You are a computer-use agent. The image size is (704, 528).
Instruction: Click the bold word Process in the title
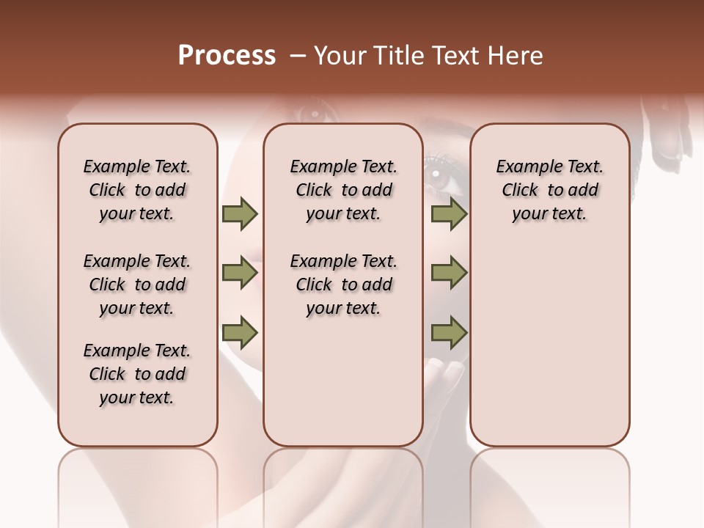(227, 56)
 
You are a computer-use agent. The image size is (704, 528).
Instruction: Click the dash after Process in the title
(298, 56)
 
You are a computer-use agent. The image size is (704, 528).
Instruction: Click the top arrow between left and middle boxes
(240, 214)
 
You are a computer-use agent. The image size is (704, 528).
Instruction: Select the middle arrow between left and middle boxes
(240, 273)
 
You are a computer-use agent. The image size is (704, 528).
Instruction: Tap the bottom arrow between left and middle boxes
(240, 332)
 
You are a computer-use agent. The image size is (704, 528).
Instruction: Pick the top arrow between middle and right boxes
(449, 214)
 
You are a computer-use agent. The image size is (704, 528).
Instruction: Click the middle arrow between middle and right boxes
(449, 273)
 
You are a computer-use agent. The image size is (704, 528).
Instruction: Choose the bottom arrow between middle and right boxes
(449, 332)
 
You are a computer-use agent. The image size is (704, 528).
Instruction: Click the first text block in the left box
(137, 190)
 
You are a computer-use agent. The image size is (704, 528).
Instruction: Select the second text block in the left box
(137, 285)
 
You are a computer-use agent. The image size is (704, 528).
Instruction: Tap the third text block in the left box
(137, 374)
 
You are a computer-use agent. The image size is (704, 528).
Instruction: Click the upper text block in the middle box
(343, 190)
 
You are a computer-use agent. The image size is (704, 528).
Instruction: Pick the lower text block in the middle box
(343, 285)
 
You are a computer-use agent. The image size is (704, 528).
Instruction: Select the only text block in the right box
(549, 190)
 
